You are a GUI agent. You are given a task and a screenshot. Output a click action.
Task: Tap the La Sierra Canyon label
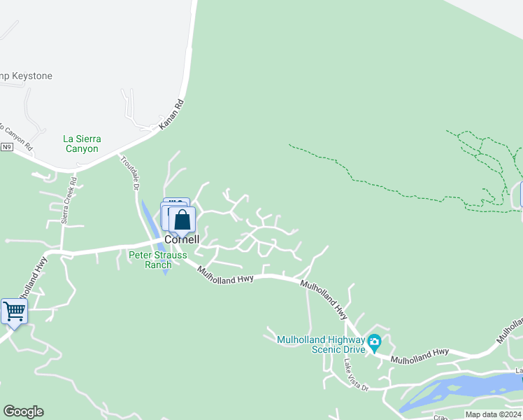(x=82, y=143)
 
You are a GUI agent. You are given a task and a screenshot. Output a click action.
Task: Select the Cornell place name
(x=182, y=239)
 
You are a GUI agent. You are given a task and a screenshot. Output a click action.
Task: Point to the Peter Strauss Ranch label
(x=158, y=260)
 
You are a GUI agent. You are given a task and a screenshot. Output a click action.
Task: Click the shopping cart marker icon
(x=14, y=312)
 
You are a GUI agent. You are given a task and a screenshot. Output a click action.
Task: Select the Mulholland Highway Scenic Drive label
(x=321, y=344)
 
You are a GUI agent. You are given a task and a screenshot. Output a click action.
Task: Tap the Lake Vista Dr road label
(x=355, y=375)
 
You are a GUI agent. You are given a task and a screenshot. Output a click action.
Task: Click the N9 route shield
(x=7, y=147)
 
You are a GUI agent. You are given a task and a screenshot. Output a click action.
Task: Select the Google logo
(x=23, y=412)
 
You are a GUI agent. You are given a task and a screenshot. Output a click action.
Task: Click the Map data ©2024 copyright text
(x=493, y=414)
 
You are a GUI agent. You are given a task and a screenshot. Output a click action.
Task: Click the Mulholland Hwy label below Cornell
(x=224, y=272)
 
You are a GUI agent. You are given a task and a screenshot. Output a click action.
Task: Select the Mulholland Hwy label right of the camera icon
(x=420, y=357)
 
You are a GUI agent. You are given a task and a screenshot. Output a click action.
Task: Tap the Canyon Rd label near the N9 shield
(x=17, y=136)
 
